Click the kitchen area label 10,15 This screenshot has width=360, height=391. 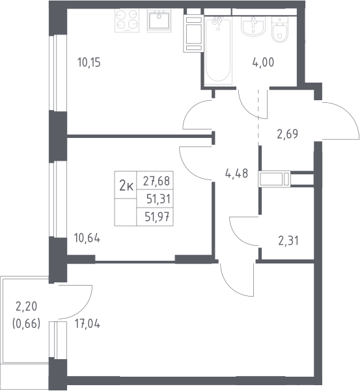89,62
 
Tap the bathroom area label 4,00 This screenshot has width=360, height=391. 263,62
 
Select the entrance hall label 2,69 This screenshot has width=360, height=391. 287,134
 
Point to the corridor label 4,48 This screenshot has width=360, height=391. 236,173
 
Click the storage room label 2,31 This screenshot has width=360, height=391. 288,241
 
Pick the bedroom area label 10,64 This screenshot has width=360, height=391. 87,238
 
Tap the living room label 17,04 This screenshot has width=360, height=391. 87,324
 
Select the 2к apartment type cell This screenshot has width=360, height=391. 126,185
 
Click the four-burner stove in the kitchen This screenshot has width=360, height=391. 127,21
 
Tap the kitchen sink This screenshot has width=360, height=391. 159,21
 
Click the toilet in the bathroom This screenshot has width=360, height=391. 280,29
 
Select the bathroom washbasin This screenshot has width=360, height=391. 253,27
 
